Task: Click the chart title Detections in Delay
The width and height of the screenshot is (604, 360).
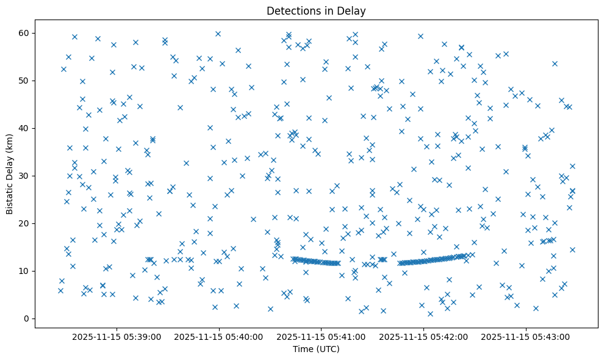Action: click(316, 10)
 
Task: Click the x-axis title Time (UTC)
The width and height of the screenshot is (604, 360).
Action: click(316, 349)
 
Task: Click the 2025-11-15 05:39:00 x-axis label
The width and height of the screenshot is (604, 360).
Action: click(117, 336)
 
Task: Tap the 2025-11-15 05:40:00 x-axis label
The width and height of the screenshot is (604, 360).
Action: click(218, 336)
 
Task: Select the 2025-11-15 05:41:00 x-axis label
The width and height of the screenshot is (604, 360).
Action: click(321, 336)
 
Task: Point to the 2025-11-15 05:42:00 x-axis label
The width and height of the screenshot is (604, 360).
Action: click(423, 336)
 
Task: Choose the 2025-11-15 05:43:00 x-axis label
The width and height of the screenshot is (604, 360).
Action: click(525, 336)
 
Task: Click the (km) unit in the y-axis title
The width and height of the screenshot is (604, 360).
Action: click(10, 133)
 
